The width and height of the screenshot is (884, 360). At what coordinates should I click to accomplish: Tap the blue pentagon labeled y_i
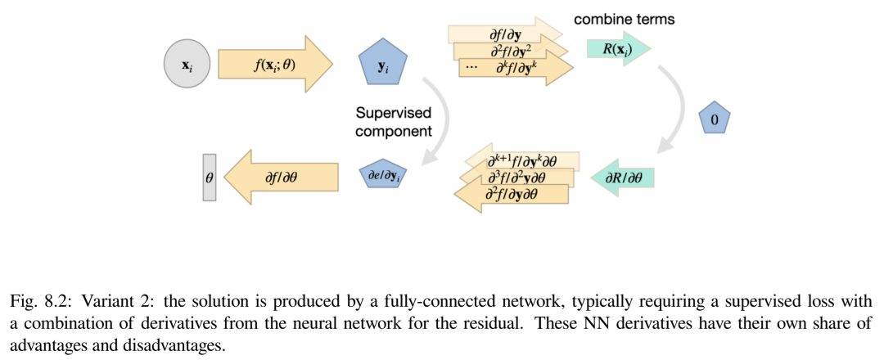click(383, 64)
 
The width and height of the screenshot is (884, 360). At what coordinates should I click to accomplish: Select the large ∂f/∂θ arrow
click(282, 176)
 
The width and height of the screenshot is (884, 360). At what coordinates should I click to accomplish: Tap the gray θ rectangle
click(210, 176)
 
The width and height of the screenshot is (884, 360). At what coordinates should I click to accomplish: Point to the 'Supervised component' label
click(394, 122)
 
